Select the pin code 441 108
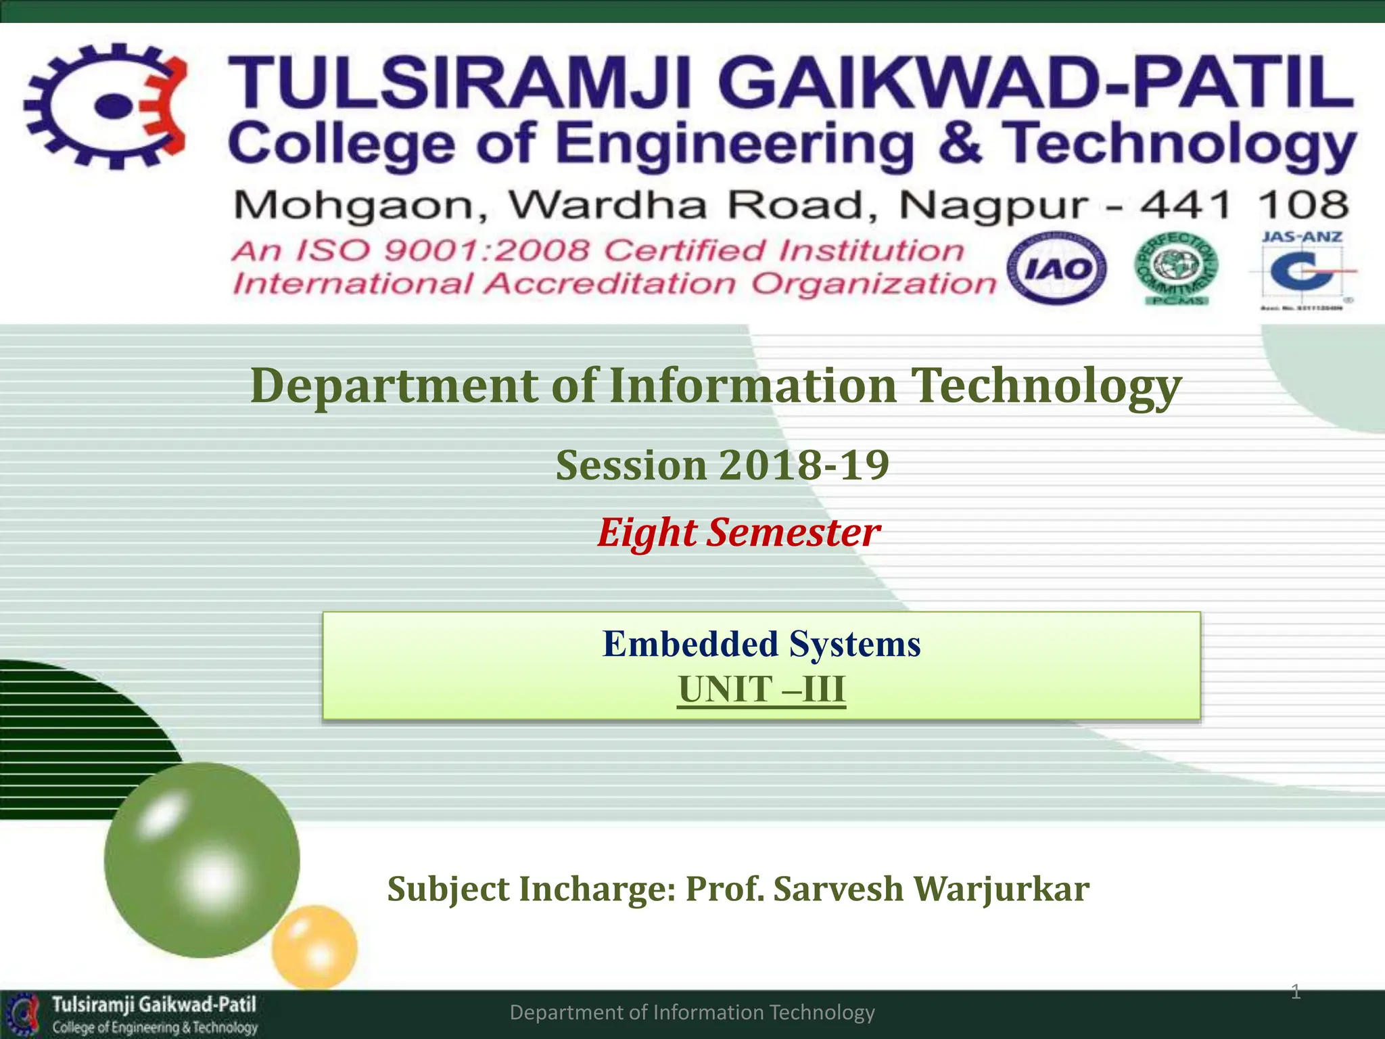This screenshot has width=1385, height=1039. tap(1244, 204)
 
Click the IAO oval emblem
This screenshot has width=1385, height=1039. tap(1056, 269)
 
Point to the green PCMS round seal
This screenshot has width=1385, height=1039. tap(1177, 269)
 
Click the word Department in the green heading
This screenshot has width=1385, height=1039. tap(395, 386)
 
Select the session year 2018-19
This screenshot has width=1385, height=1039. tap(804, 465)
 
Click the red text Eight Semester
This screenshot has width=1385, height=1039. tap(738, 532)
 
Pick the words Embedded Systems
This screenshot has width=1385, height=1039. tap(761, 644)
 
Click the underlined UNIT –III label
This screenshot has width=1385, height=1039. tap(761, 690)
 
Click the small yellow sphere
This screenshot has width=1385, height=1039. tap(314, 947)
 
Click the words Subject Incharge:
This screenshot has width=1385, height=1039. tap(532, 889)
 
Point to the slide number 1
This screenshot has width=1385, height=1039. tap(1295, 992)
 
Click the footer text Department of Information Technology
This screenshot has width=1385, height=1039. tap(692, 1013)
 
